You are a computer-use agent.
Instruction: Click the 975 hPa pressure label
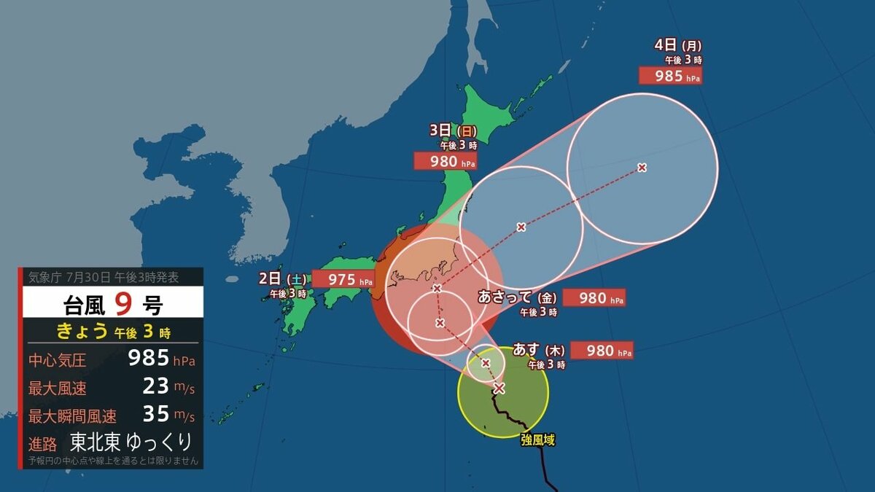[343, 279]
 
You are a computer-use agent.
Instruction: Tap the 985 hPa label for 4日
[670, 76]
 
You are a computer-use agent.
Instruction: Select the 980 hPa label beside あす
[602, 351]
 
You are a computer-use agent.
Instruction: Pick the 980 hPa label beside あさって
[593, 298]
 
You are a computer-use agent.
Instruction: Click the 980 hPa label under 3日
[445, 161]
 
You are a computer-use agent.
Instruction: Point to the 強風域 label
[539, 440]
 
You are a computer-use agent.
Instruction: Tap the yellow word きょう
[83, 332]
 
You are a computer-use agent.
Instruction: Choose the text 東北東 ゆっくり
[131, 442]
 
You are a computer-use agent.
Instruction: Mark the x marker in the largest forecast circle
[642, 168]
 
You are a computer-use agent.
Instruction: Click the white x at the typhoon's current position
[499, 388]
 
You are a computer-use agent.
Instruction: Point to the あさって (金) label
[517, 297]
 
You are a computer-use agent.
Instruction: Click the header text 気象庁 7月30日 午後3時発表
[103, 277]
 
